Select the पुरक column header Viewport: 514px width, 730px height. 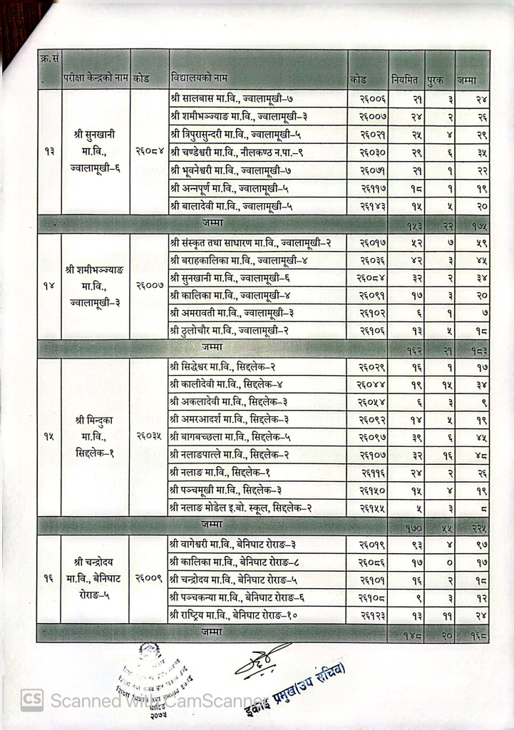tap(436, 78)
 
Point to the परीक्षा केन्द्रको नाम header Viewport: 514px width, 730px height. tap(95, 78)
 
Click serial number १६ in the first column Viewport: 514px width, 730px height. tap(49, 578)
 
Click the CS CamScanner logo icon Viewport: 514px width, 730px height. tap(31, 701)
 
